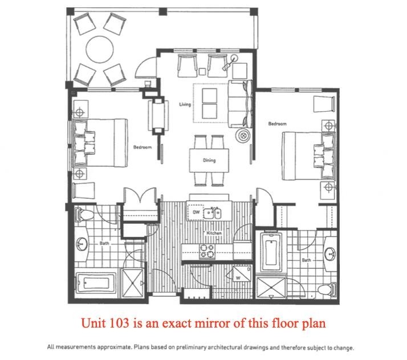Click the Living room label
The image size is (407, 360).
pos(185,104)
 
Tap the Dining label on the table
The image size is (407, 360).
pos(209,161)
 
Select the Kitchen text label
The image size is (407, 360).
pos(214,233)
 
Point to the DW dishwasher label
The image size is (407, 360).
pos(196,212)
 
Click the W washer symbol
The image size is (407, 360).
pos(240,277)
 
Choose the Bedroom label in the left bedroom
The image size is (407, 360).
pos(143,148)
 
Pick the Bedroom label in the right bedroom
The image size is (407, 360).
pos(277,124)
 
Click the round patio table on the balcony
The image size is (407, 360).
pos(99,49)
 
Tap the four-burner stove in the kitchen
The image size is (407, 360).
pos(206,251)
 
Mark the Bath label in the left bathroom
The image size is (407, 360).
pos(104,243)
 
